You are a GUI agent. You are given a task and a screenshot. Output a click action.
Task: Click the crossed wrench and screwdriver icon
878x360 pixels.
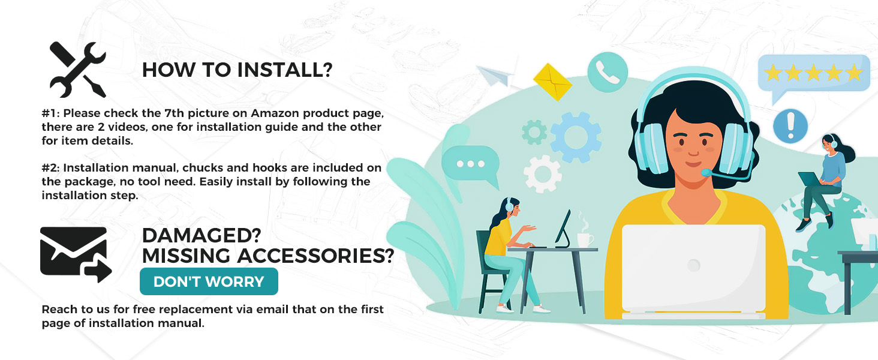(x=77, y=70)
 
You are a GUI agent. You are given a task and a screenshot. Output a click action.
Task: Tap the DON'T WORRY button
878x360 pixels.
(x=209, y=281)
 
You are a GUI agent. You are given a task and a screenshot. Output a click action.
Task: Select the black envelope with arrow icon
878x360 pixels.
(x=76, y=254)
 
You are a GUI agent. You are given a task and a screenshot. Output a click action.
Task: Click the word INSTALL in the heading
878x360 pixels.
(x=285, y=70)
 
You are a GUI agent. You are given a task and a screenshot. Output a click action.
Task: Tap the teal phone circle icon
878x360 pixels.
(x=608, y=72)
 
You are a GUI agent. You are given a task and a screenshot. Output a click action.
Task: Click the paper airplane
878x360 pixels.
(x=495, y=76)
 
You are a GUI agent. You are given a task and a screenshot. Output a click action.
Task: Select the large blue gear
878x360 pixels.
(x=575, y=137)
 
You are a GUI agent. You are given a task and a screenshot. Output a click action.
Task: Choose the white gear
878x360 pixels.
(x=543, y=174)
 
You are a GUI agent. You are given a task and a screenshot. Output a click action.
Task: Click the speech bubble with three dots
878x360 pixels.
(x=471, y=166)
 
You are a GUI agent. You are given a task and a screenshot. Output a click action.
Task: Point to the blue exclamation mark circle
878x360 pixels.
(x=790, y=126)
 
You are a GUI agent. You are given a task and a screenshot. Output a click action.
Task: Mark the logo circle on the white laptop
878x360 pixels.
(x=693, y=265)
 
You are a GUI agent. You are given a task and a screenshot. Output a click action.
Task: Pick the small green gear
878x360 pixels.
(x=534, y=132)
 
